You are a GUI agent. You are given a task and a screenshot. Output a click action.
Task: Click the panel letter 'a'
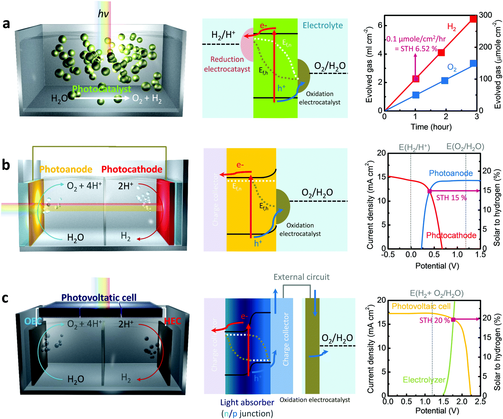coord(6,24)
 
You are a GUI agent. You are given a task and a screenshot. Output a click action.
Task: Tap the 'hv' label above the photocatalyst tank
coord(103,14)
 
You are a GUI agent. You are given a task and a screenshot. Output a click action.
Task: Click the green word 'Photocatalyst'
coord(101,89)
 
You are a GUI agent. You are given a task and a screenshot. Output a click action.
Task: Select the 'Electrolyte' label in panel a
coord(322,25)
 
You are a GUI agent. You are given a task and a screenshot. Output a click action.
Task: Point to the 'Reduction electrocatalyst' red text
coord(227,64)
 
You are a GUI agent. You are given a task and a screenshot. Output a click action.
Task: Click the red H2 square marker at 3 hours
coord(473,19)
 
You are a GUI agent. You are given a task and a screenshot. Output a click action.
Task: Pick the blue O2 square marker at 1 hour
coord(416,95)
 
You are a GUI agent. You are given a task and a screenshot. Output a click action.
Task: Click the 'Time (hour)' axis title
coord(431,127)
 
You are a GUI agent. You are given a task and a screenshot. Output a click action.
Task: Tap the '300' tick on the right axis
coord(485,15)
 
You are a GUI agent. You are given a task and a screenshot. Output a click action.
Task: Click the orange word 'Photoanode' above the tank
coord(66,169)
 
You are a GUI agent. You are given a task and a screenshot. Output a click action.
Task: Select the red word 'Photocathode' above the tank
coord(132,169)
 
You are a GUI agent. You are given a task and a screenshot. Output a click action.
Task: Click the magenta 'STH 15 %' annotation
coord(451,198)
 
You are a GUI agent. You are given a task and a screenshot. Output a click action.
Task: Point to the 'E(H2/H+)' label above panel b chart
coord(414,147)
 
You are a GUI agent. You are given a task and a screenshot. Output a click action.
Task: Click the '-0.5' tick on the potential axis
coord(388,254)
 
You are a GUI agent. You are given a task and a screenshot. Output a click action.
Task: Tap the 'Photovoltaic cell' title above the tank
coord(99,297)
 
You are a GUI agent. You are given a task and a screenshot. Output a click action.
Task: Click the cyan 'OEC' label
coord(33,321)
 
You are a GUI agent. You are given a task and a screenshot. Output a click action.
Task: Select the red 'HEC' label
coord(172,321)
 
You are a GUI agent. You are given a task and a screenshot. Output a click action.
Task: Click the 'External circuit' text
coord(301,277)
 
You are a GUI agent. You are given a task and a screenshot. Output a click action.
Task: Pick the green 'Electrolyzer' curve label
coord(424,380)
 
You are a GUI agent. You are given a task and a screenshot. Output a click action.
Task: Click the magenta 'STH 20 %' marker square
coord(453,320)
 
